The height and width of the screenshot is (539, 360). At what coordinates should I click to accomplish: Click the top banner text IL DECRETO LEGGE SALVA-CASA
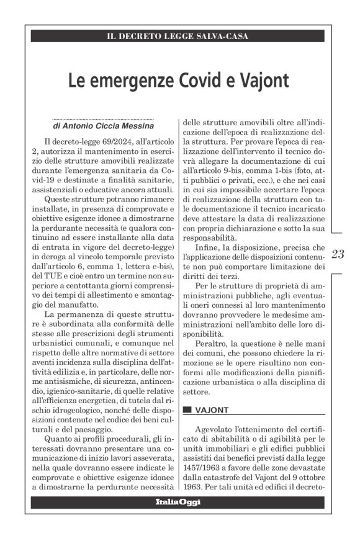tap(178, 37)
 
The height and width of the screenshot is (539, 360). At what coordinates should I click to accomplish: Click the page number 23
tap(338, 253)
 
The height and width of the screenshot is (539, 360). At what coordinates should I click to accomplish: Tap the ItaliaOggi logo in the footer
tap(178, 501)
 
